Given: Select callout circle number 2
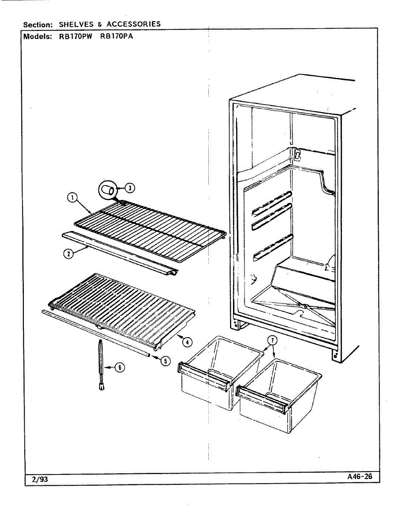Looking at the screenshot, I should point(69,254).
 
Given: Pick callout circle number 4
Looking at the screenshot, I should point(187,342).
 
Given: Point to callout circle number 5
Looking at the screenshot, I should point(165,360).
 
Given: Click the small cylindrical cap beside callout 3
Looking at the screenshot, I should point(107,190).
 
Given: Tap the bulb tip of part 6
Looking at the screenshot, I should point(102,387).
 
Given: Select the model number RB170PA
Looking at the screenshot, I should point(116,36).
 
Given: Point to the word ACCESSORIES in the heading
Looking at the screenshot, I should point(133,24).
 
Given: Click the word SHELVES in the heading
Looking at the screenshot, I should point(76,24).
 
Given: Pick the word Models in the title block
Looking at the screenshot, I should point(38,36).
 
